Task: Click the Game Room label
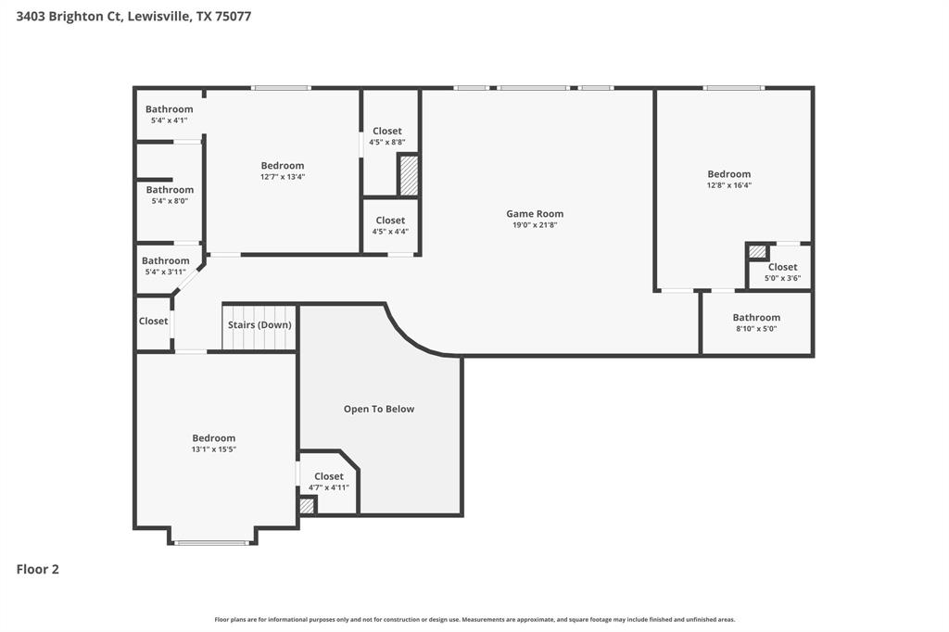(x=535, y=214)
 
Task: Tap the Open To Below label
(x=378, y=409)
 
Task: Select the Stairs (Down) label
(x=259, y=325)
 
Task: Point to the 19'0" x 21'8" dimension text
(x=535, y=225)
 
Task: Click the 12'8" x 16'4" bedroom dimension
(x=729, y=185)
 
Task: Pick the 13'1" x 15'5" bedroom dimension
(x=214, y=449)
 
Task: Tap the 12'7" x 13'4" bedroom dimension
(x=283, y=177)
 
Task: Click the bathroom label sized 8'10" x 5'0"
(x=756, y=318)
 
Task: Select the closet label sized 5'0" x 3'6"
(x=782, y=267)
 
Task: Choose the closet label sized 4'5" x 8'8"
(x=386, y=131)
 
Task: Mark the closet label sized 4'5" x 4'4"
(x=390, y=221)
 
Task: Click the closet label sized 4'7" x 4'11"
(x=329, y=476)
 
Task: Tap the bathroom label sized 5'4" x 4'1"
(x=170, y=109)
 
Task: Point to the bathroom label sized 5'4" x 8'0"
(x=170, y=190)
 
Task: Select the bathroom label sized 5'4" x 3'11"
(x=166, y=261)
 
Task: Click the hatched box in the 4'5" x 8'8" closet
(x=408, y=175)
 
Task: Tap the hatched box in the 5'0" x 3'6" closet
(x=758, y=251)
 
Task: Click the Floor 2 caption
(x=38, y=570)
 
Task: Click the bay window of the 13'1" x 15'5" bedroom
(x=212, y=542)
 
